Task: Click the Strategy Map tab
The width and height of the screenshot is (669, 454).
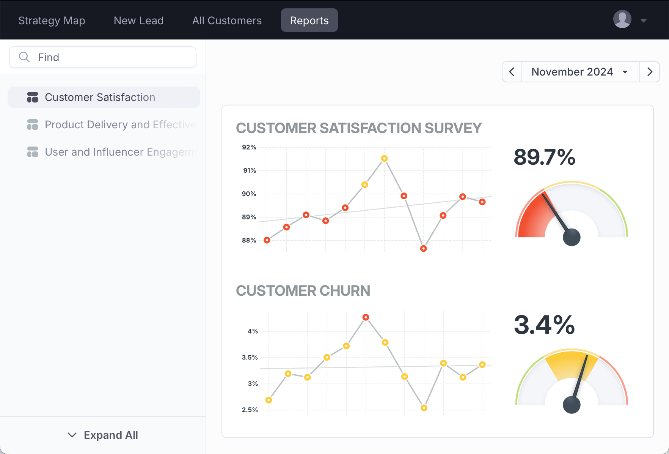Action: pos(52,20)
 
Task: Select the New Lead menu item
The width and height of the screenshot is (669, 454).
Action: pos(138,20)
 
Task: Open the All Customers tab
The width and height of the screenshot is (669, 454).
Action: pos(227,20)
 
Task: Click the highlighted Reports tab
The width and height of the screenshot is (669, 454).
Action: pos(309,20)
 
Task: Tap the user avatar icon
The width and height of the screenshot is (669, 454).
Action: pos(622,19)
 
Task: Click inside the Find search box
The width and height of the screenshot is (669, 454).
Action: pos(103,57)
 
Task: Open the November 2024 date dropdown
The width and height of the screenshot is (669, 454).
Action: pos(580,72)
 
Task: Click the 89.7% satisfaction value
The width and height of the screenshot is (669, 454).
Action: pos(544,157)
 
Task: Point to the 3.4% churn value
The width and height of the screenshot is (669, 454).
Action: pos(544,325)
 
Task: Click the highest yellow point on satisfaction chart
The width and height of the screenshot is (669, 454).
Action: pos(384,158)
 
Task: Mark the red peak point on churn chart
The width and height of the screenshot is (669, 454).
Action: pos(366,317)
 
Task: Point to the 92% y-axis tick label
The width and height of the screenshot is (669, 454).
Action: pos(249,147)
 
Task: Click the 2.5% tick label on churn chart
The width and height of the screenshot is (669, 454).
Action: pos(250,410)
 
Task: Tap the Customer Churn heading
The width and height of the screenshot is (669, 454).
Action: pos(303,291)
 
